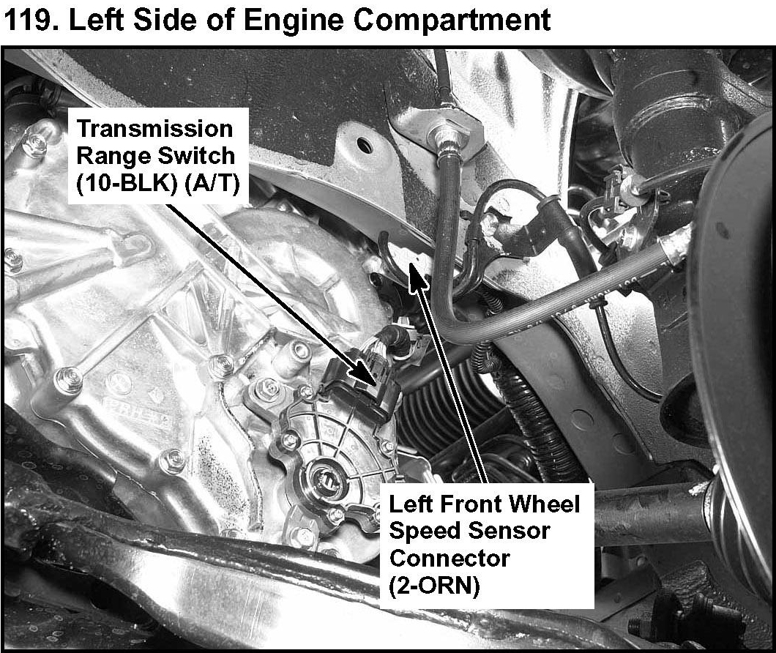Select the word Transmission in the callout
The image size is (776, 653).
pos(155,129)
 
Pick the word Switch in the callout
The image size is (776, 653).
pos(198,156)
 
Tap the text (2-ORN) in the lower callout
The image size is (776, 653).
pos(435,586)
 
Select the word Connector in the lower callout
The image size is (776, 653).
pos(449,559)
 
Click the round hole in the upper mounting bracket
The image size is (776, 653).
pos(365,144)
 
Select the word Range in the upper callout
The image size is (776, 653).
pos(116,157)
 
